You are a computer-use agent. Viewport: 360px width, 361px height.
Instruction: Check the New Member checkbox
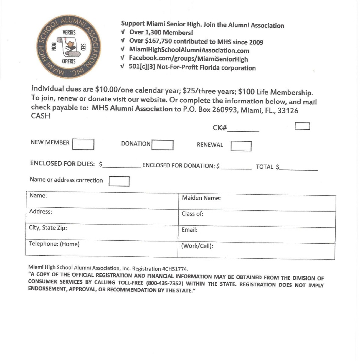[x=83, y=144]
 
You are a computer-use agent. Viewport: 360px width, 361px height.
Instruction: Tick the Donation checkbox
[x=162, y=145]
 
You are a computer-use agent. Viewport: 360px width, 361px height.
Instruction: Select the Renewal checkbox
[x=241, y=146]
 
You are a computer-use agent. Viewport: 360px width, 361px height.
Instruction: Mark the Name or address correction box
[x=119, y=181]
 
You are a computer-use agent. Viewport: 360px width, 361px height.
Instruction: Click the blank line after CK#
[x=243, y=130]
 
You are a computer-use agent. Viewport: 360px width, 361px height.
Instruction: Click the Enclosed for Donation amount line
[x=235, y=167]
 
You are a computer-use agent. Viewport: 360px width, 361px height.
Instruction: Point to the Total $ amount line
[x=298, y=168]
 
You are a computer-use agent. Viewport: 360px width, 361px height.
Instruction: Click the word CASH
[x=40, y=116]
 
